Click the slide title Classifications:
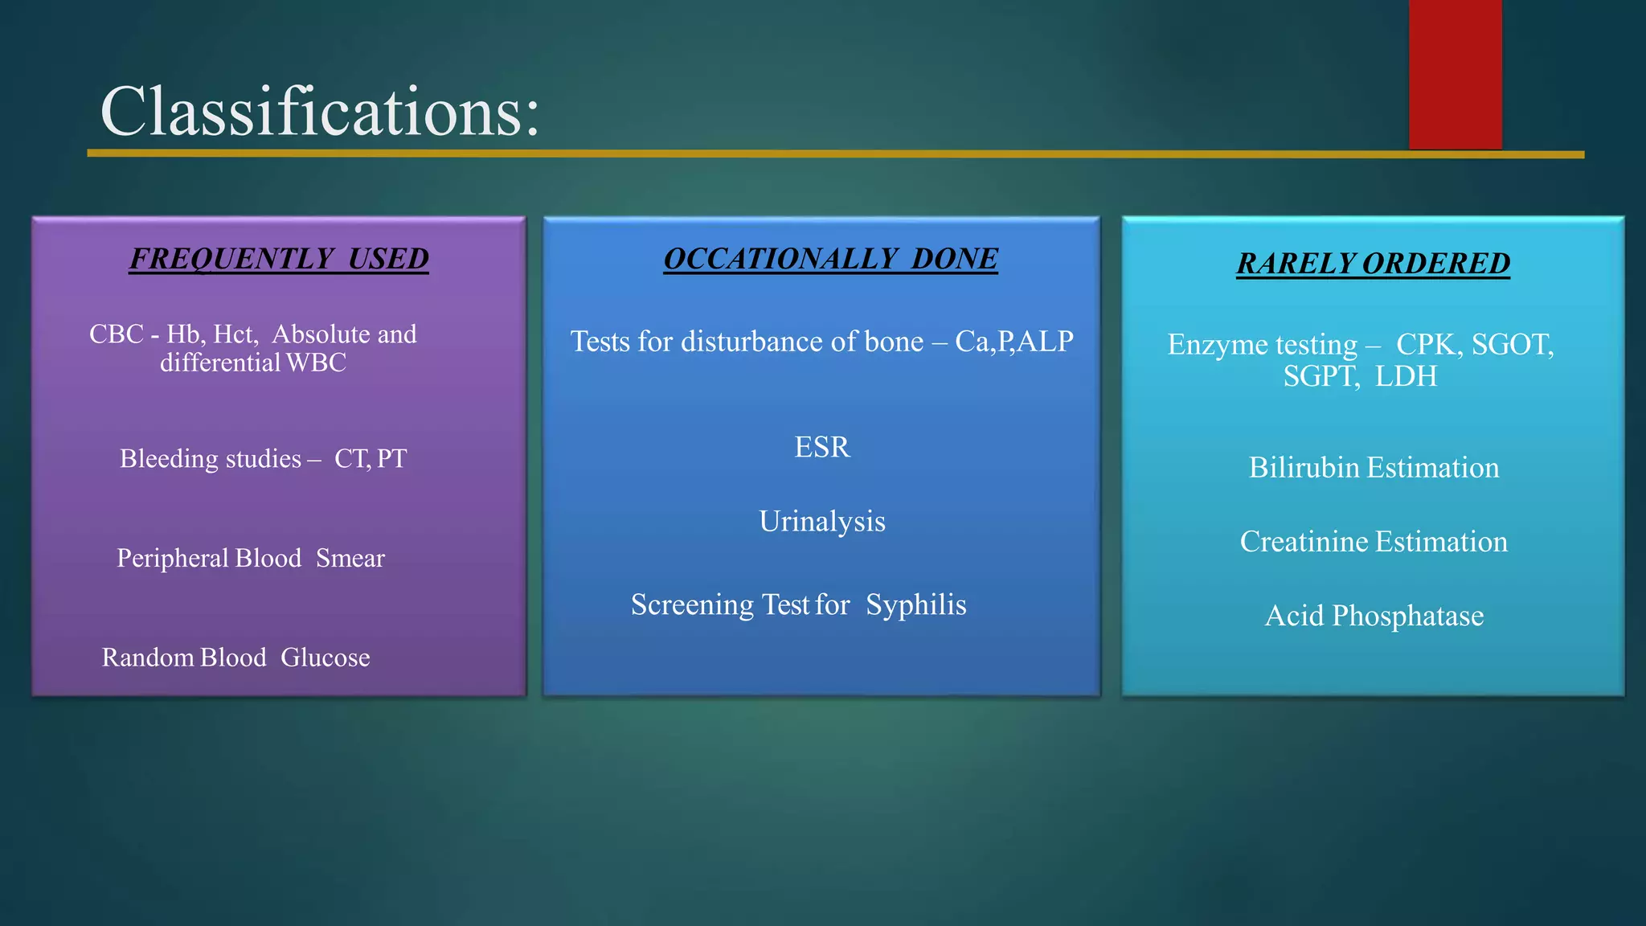pyautogui.click(x=320, y=113)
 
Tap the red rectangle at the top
pyautogui.click(x=1455, y=74)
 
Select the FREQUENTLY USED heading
pyautogui.click(x=279, y=259)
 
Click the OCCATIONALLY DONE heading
pyautogui.click(x=830, y=259)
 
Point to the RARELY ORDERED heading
pyautogui.click(x=1373, y=264)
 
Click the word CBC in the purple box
pyautogui.click(x=116, y=334)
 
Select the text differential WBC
pyautogui.click(x=252, y=363)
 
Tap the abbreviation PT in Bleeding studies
pyautogui.click(x=391, y=459)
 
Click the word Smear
pyautogui.click(x=350, y=558)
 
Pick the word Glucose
pyautogui.click(x=325, y=658)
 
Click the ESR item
pyautogui.click(x=821, y=447)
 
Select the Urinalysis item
pyautogui.click(x=821, y=522)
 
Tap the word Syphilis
pyautogui.click(x=915, y=604)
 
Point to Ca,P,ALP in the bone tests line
pyautogui.click(x=1013, y=342)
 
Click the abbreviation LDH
pyautogui.click(x=1406, y=376)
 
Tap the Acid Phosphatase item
pyautogui.click(x=1374, y=616)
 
